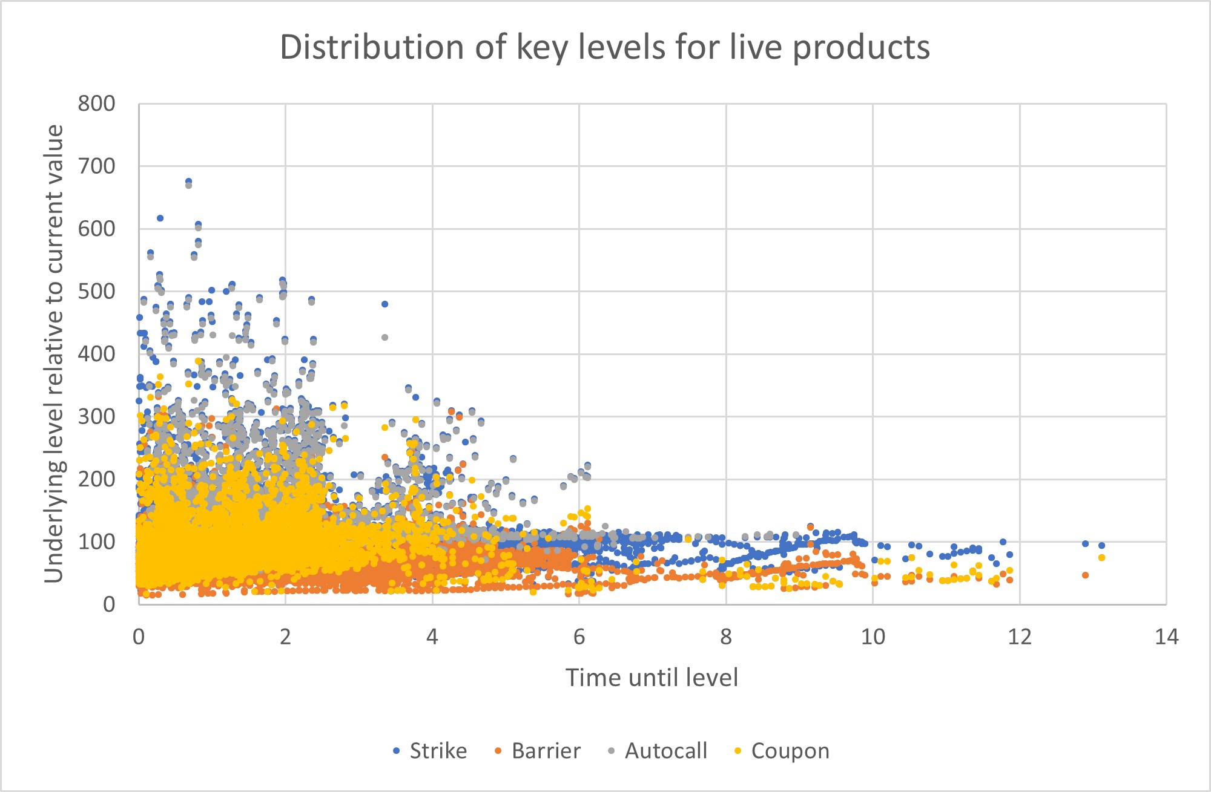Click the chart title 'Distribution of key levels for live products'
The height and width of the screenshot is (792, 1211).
tap(604, 47)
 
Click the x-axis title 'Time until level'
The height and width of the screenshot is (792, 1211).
tap(652, 678)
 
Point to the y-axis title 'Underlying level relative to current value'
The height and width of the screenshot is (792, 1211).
tap(54, 354)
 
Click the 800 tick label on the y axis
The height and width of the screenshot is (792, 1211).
tap(96, 104)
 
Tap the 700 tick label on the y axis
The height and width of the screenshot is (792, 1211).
tap(96, 166)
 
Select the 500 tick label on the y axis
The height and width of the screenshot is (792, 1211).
tap(96, 292)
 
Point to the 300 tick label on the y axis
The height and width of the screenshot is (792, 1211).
tap(96, 417)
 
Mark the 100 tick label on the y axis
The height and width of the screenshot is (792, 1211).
tap(96, 542)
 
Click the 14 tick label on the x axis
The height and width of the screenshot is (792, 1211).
tap(1166, 637)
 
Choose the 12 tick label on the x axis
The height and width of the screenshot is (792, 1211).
tap(1019, 637)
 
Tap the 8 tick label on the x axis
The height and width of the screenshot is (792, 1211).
tap(725, 637)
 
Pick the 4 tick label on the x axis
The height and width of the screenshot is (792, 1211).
tap(432, 637)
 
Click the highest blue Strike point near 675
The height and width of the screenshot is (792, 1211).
tap(188, 181)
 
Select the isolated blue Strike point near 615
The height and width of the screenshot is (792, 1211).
tap(160, 218)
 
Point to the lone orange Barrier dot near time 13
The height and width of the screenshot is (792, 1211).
tap(1085, 575)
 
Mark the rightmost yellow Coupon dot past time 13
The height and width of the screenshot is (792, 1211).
tap(1101, 557)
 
